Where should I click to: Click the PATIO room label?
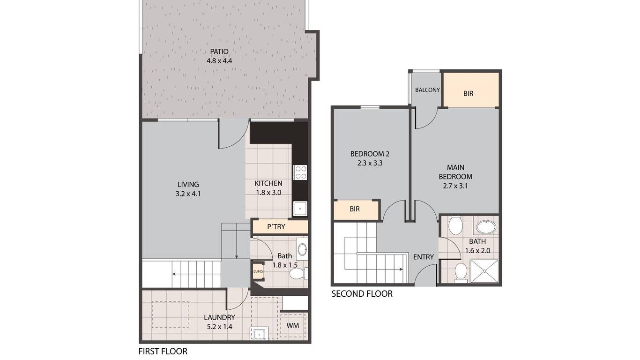219,52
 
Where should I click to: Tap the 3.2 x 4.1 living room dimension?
188,194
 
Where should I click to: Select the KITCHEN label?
268,183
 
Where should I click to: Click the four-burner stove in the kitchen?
300,172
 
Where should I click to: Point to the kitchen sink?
300,209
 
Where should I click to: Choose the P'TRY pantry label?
276,227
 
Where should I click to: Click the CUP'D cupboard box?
258,271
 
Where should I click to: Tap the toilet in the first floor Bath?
298,273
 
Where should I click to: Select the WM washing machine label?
292,326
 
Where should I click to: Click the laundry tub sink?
259,333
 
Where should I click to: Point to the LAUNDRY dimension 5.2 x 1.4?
219,327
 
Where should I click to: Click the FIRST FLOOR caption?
163,351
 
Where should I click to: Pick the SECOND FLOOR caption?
362,293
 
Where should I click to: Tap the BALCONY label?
427,90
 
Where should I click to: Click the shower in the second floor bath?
484,271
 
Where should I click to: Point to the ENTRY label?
424,257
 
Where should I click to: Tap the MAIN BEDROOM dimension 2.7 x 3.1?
455,186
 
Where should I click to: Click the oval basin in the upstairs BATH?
486,227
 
